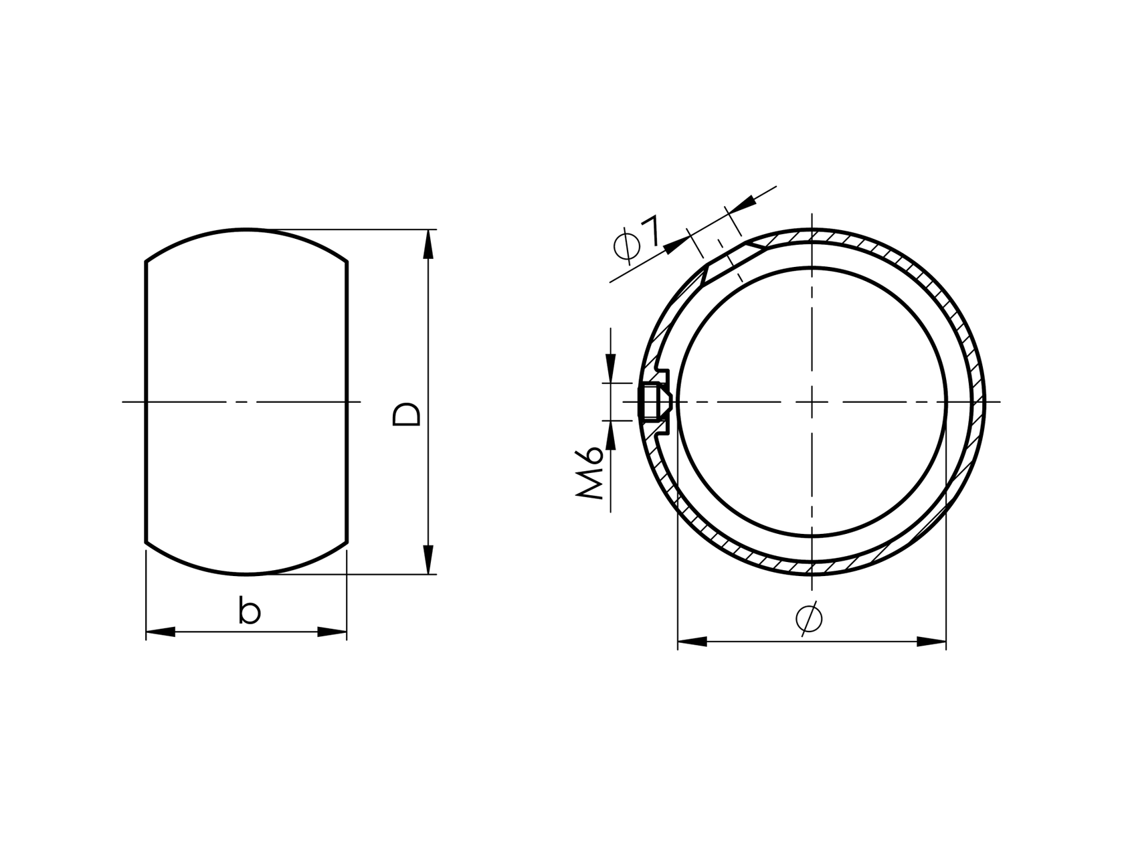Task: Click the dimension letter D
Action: [407, 414]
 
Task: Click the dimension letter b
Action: [249, 612]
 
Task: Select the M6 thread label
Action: [590, 473]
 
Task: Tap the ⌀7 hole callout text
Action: [637, 238]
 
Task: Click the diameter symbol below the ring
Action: [809, 618]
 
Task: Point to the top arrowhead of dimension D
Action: [428, 244]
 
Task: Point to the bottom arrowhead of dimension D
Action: [428, 560]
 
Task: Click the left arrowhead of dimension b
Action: [160, 632]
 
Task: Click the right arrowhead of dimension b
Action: [333, 632]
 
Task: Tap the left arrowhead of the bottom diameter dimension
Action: [692, 642]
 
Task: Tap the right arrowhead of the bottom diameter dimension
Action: [931, 642]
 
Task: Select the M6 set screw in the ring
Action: [654, 402]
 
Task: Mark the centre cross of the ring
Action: [812, 402]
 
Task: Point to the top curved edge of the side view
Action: [246, 229]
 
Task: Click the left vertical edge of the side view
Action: [146, 401]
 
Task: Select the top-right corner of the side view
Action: [347, 262]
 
